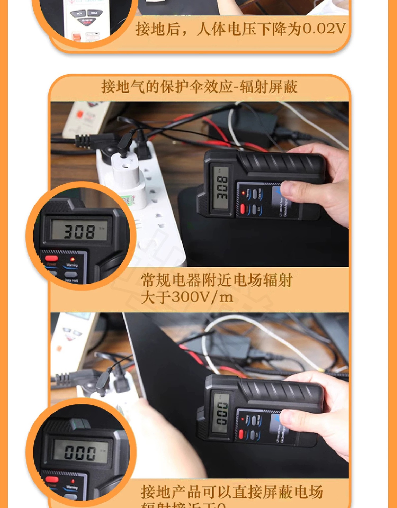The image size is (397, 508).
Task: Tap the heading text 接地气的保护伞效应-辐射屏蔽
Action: pyautogui.click(x=199, y=87)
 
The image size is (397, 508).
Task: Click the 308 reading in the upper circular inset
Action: pyautogui.click(x=79, y=231)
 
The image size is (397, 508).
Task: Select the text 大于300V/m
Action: pyautogui.click(x=187, y=297)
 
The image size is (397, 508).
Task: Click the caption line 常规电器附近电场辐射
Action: pyautogui.click(x=216, y=280)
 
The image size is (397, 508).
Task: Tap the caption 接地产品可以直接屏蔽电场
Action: pyautogui.click(x=232, y=492)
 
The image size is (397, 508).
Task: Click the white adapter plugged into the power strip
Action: pyautogui.click(x=127, y=175)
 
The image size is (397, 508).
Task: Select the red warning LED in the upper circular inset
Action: pyautogui.click(x=72, y=259)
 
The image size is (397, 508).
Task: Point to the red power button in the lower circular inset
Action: pyautogui.click(x=52, y=479)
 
